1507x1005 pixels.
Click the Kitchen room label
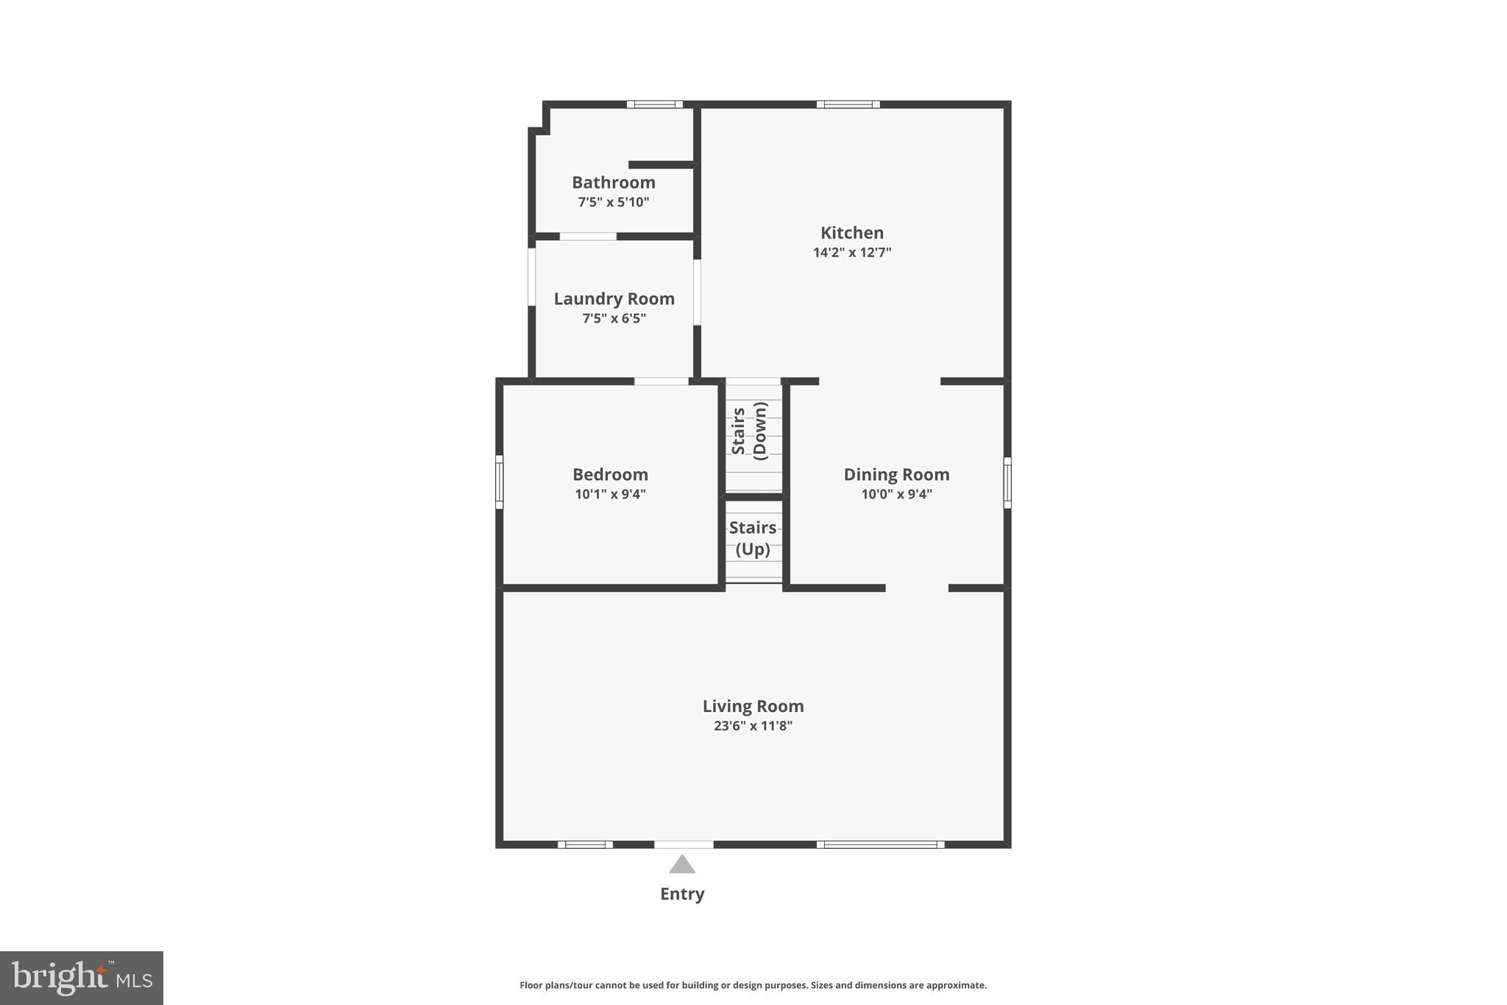(852, 233)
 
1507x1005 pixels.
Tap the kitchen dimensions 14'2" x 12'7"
(852, 253)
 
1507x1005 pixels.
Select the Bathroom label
(614, 183)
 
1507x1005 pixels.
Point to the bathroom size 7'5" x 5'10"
(614, 202)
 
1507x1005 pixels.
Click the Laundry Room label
(614, 299)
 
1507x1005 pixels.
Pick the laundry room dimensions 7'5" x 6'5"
(614, 318)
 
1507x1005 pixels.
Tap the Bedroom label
(611, 475)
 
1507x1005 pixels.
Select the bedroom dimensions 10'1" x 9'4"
(611, 494)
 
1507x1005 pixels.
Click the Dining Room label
(896, 475)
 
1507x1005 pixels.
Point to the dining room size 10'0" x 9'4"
(896, 494)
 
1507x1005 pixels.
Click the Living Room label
(753, 706)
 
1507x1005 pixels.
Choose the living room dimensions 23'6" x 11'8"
(753, 726)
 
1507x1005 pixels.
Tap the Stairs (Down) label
(750, 431)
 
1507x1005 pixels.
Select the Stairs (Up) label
(753, 538)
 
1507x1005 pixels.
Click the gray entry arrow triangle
(682, 865)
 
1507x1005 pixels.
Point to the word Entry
(682, 894)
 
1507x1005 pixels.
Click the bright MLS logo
(82, 978)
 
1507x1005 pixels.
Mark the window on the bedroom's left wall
(500, 482)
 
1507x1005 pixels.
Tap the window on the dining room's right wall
(1007, 482)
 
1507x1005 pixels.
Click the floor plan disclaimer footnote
(753, 985)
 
